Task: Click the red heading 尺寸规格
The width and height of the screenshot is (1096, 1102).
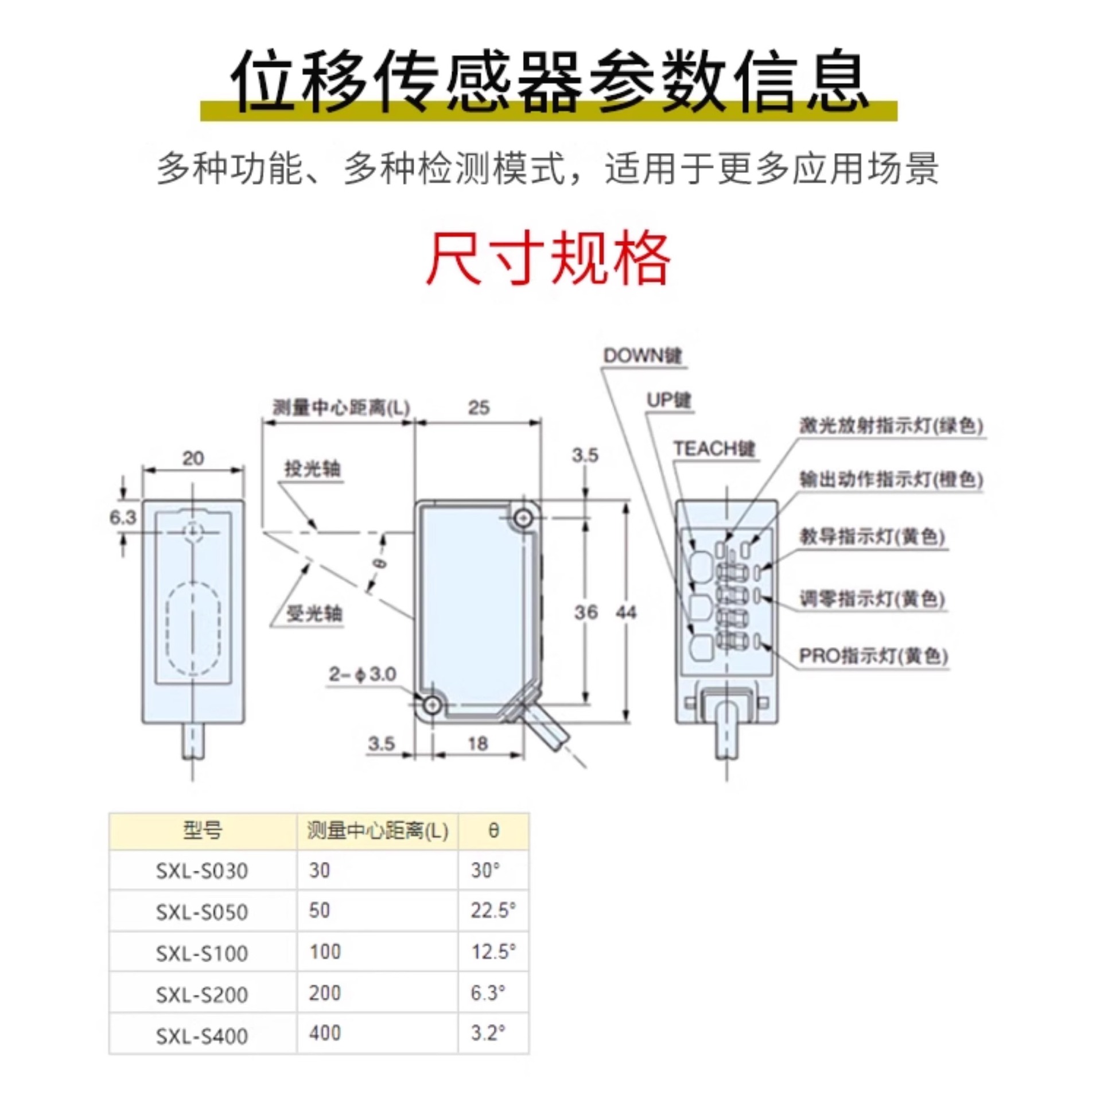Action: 547,258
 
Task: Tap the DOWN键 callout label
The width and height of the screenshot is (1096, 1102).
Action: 642,356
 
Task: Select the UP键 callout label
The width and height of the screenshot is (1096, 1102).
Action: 668,400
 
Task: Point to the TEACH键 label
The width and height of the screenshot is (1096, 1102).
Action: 714,448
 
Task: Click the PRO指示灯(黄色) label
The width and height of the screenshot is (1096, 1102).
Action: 873,655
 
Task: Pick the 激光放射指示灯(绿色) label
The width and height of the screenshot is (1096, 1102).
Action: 891,425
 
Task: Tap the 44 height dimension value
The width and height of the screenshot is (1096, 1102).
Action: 626,612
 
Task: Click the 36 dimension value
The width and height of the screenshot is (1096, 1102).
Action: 585,612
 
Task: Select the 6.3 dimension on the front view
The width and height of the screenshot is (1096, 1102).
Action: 123,517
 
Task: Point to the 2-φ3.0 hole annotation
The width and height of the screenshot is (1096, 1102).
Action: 362,674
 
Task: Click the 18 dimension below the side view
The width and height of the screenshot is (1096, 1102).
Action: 477,744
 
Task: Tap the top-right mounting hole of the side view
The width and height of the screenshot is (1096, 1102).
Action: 522,519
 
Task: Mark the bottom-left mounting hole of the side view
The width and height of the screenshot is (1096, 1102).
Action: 432,704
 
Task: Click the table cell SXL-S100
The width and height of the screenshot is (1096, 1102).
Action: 202,953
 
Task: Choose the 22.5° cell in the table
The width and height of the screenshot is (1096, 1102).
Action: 493,911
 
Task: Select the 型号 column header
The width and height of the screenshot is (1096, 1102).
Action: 202,830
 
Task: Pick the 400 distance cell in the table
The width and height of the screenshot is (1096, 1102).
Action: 325,1033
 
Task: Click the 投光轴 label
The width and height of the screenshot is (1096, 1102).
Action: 312,469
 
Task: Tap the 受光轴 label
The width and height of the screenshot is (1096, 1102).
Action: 314,614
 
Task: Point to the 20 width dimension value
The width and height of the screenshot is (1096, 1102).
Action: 193,458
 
